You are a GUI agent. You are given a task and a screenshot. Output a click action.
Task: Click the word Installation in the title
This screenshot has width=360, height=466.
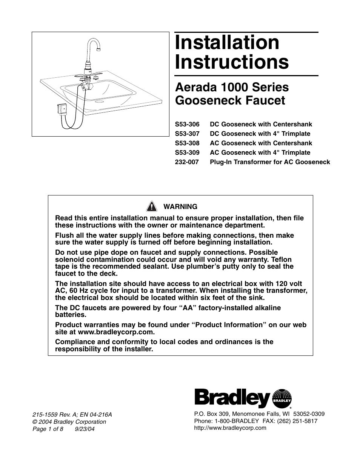227,43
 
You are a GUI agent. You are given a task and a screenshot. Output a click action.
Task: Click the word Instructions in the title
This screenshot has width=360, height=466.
232,62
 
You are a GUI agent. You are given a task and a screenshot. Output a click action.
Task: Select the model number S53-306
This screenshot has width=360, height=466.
187,124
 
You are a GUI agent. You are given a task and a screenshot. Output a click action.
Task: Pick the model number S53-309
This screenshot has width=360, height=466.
187,152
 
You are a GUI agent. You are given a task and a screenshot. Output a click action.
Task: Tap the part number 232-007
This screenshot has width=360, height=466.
187,162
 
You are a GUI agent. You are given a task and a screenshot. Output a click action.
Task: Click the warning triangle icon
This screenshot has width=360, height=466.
151,206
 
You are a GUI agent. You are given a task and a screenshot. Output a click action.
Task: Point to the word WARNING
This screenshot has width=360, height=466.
180,207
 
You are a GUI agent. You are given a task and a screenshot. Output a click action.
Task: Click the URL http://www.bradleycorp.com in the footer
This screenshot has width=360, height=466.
230,428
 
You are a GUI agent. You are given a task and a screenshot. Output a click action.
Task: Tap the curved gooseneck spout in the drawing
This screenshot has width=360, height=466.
95,43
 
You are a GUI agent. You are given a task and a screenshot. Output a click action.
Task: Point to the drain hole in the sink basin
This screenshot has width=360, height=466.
100,101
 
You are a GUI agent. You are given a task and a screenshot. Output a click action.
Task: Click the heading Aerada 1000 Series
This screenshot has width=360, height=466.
232,87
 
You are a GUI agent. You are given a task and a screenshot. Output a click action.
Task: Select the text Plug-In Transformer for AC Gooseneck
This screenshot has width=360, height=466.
270,162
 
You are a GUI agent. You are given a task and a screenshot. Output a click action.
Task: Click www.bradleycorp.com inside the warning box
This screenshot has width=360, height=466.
116,332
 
